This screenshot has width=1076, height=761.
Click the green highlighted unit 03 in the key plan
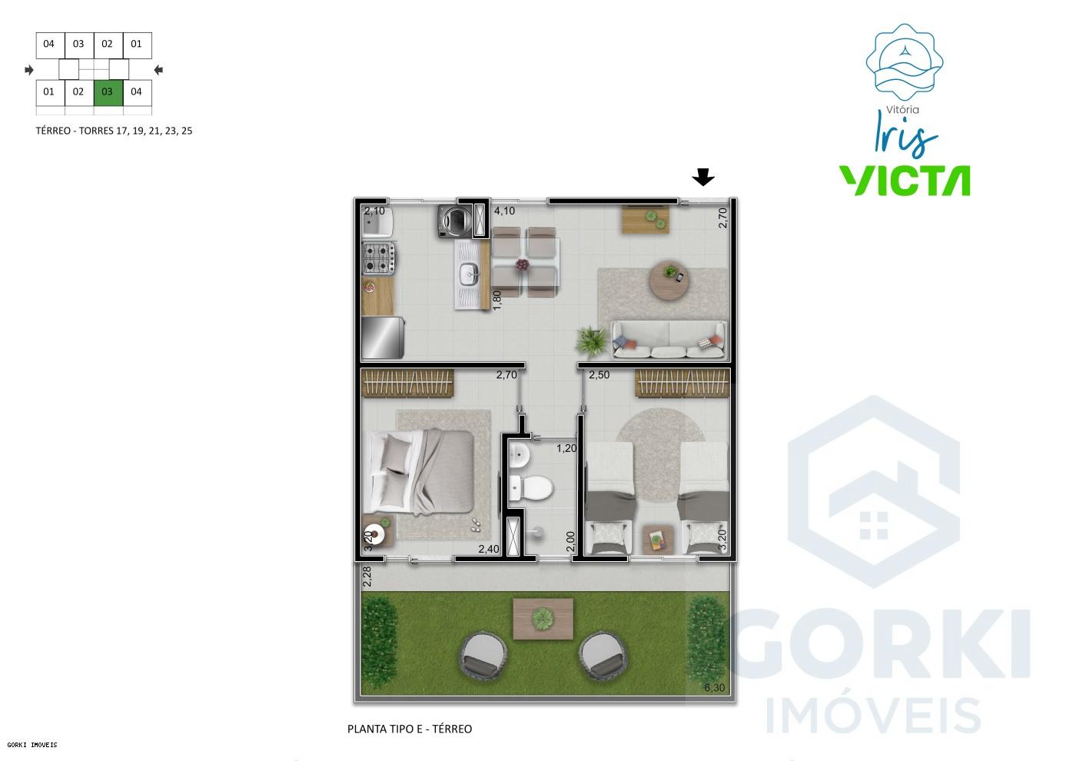(108, 92)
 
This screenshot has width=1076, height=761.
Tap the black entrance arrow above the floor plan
(702, 178)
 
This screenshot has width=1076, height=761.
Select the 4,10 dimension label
(504, 211)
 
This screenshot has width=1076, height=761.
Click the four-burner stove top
(379, 258)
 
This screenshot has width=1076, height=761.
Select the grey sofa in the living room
(669, 341)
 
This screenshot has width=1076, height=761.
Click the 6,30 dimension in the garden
(715, 687)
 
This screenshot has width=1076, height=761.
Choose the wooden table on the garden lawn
(543, 619)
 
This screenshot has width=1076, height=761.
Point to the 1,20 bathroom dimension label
(566, 448)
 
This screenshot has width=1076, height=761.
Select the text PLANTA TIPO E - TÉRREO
(410, 729)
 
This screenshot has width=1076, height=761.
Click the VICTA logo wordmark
(904, 180)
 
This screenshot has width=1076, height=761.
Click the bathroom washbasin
(520, 455)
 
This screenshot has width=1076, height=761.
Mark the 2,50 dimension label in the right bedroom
(599, 375)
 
